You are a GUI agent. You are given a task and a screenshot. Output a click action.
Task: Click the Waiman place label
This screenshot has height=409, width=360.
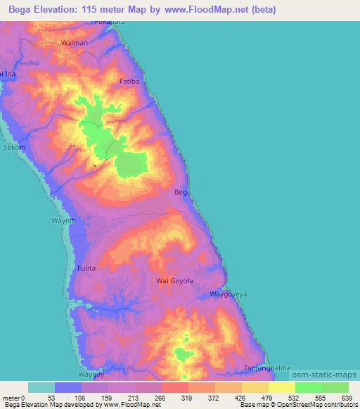(x=75, y=43)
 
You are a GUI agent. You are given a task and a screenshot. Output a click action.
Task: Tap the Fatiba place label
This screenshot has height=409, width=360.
(x=130, y=82)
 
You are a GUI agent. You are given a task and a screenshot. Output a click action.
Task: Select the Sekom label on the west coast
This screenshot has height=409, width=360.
(x=14, y=148)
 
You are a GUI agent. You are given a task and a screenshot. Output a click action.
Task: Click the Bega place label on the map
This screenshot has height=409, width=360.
(x=182, y=192)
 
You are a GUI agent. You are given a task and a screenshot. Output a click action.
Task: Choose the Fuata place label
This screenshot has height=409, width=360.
(x=86, y=268)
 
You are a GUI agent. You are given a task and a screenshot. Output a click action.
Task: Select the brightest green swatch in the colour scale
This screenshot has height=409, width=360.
(x=308, y=387)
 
